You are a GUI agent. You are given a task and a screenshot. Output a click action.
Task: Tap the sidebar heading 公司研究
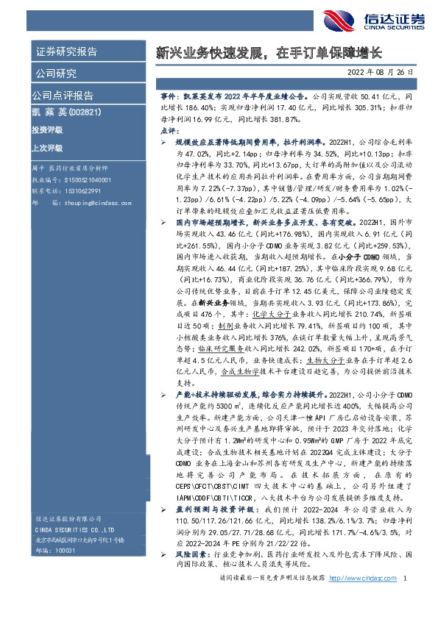[54, 73]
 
